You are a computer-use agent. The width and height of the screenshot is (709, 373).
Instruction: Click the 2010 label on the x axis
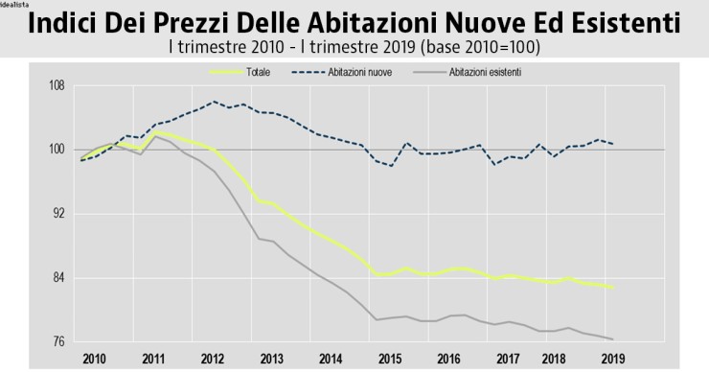coord(94,358)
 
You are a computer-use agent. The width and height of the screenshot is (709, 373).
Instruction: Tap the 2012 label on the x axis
coord(212,358)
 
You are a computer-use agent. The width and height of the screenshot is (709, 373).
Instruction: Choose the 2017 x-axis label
coord(508,358)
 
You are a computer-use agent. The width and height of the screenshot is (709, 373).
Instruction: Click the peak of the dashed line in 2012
coord(213,102)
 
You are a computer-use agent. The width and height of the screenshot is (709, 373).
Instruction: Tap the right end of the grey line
coord(613,338)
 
